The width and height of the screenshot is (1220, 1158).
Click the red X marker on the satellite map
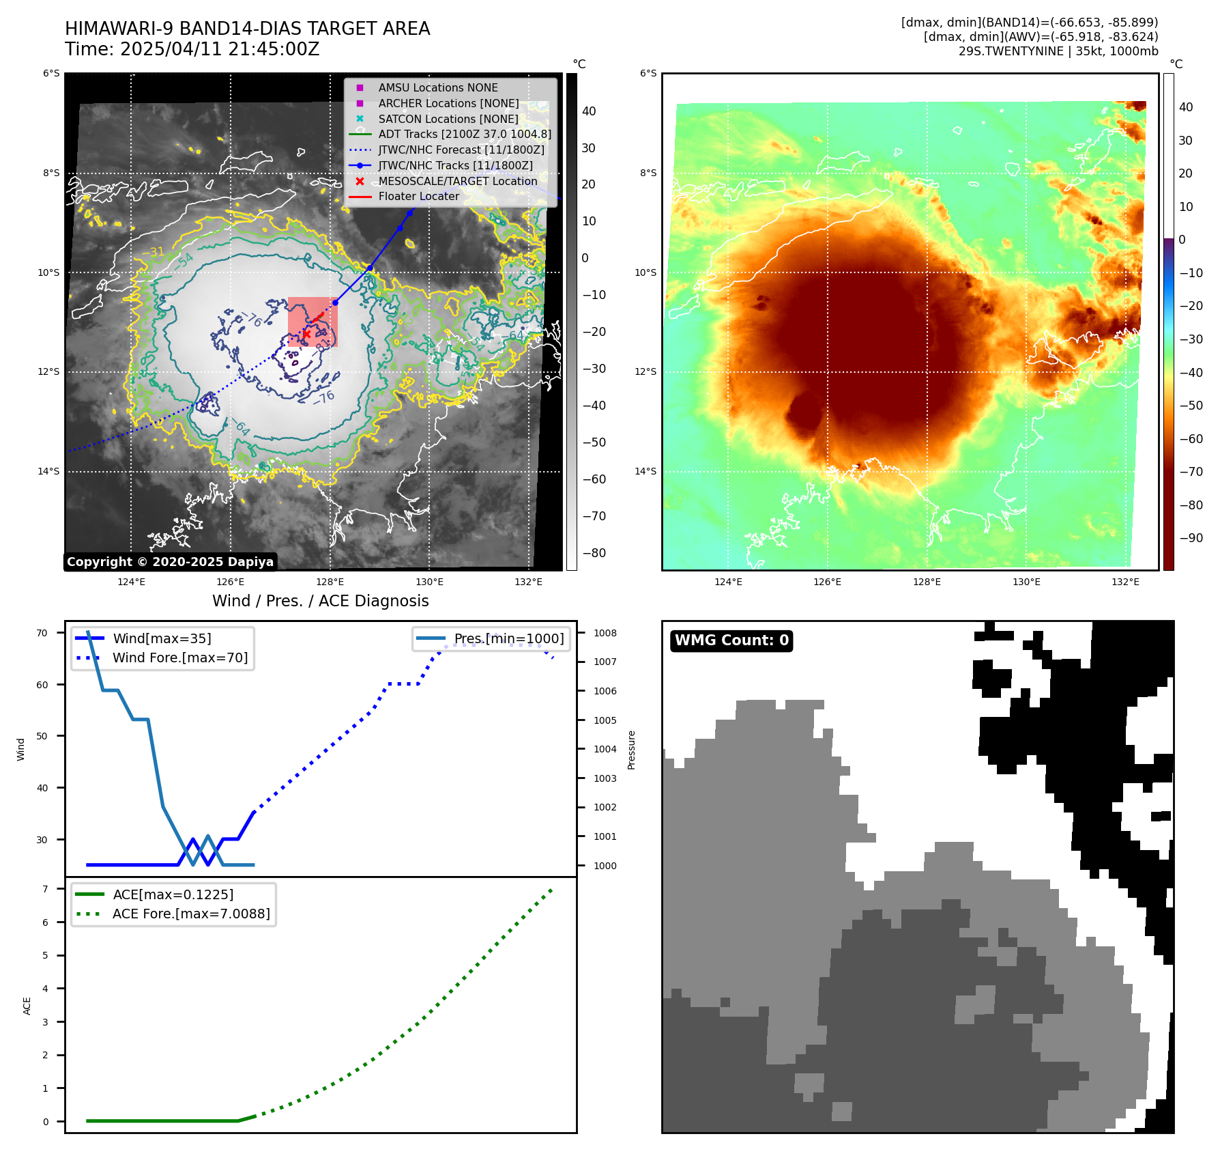click(306, 335)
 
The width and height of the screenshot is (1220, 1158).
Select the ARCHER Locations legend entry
click(448, 103)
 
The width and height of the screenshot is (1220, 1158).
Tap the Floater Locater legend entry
click(418, 196)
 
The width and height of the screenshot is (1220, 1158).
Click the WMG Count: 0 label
click(731, 640)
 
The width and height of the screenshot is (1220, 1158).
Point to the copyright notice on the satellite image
click(170, 562)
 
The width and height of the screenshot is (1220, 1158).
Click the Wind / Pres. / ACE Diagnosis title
click(320, 601)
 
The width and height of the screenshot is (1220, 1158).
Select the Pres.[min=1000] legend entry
click(508, 639)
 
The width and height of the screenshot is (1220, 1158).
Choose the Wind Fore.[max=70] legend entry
click(180, 658)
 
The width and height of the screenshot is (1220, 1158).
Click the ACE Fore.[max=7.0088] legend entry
click(191, 914)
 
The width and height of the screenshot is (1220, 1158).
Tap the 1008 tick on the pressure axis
click(605, 633)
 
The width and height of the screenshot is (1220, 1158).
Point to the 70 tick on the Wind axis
click(42, 633)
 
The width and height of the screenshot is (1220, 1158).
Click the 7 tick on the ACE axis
click(45, 889)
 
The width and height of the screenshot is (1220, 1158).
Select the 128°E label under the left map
click(330, 582)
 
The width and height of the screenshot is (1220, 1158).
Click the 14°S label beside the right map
click(645, 471)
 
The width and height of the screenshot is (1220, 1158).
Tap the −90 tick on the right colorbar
click(1191, 538)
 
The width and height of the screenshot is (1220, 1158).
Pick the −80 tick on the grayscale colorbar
click(594, 553)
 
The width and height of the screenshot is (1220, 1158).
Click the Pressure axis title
click(631, 750)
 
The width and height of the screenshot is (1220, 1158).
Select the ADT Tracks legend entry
click(464, 135)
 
